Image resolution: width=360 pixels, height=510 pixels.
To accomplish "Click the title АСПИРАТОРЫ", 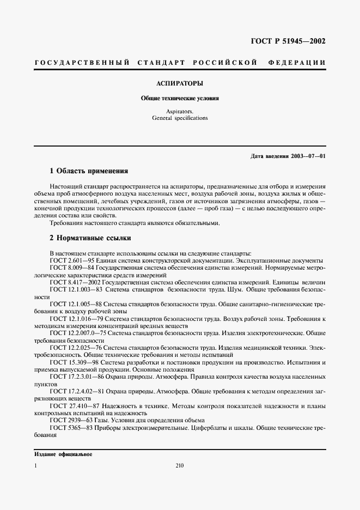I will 180,84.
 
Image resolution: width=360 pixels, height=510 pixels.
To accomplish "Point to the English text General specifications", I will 180,117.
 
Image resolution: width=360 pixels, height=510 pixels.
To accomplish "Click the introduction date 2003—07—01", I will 307,156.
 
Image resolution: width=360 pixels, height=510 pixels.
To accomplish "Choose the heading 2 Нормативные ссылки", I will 90,238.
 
